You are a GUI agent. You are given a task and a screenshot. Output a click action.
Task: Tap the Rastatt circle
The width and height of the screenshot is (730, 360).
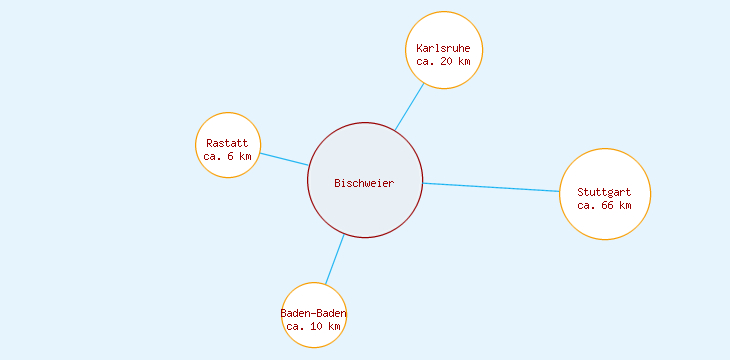tap(228, 127)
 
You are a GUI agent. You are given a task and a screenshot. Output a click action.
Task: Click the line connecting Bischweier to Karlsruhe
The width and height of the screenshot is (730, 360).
tap(409, 106)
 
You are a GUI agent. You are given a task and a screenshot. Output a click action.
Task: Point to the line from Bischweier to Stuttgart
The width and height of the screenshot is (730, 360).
tap(490, 187)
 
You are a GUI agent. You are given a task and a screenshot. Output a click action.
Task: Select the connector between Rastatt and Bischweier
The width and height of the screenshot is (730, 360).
tap(284, 159)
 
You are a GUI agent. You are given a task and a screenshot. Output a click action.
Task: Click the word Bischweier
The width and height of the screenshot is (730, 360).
tap(364, 183)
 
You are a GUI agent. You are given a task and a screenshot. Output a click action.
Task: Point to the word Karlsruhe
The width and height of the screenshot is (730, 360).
tap(443, 48)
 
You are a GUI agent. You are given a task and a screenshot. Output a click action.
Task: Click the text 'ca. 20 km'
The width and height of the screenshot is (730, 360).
tap(443, 61)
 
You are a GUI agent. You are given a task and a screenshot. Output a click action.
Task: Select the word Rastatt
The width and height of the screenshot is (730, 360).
tap(227, 143)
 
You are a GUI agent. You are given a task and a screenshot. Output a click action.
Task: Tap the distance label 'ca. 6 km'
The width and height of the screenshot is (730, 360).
tap(227, 156)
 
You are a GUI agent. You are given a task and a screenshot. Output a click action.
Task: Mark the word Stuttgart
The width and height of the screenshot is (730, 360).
tap(604, 192)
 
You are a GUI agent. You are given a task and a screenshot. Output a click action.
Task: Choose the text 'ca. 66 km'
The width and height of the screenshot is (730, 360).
tap(604, 205)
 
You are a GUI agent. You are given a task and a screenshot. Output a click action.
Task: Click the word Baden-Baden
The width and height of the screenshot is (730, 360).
tap(314, 313)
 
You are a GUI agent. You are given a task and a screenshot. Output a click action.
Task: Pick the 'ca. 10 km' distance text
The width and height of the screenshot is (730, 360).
tap(314, 326)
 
